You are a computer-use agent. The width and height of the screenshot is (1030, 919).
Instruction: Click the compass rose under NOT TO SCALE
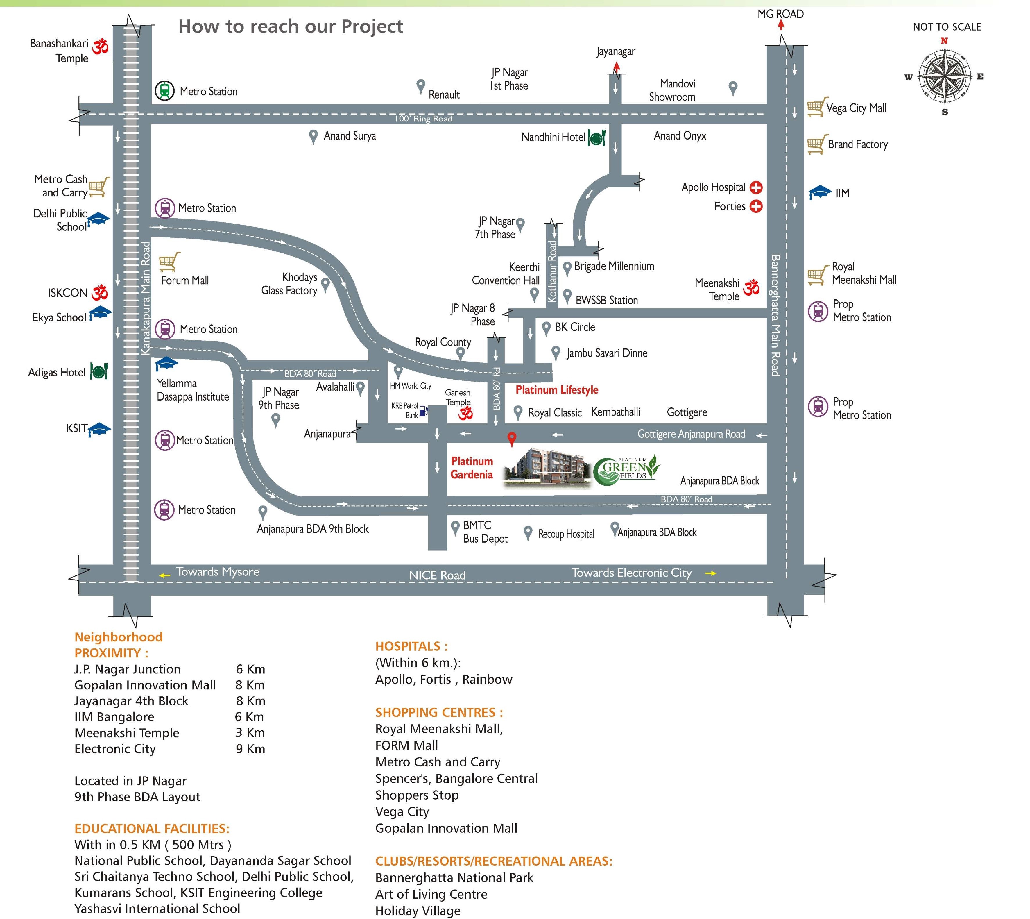click(x=944, y=77)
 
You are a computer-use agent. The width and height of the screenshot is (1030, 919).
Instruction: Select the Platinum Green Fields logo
click(x=626, y=470)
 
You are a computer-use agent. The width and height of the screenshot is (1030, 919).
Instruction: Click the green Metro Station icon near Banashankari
click(x=164, y=91)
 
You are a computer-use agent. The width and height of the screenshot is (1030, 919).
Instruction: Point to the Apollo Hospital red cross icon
click(x=756, y=188)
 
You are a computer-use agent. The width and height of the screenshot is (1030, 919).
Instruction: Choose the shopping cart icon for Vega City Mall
click(x=816, y=107)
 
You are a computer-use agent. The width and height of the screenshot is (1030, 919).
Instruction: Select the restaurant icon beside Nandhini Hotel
click(x=596, y=137)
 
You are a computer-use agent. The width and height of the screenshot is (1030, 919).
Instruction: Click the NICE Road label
click(x=437, y=575)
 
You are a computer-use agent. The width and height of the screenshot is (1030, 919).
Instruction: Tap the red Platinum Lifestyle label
click(x=557, y=390)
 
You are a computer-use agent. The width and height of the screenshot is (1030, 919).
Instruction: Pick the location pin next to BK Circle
click(x=546, y=328)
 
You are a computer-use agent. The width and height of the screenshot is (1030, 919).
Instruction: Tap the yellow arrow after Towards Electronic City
click(x=711, y=573)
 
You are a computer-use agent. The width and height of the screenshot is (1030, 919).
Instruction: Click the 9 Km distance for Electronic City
click(x=250, y=749)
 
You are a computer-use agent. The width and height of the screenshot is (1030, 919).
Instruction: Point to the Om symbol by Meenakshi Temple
click(x=751, y=287)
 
